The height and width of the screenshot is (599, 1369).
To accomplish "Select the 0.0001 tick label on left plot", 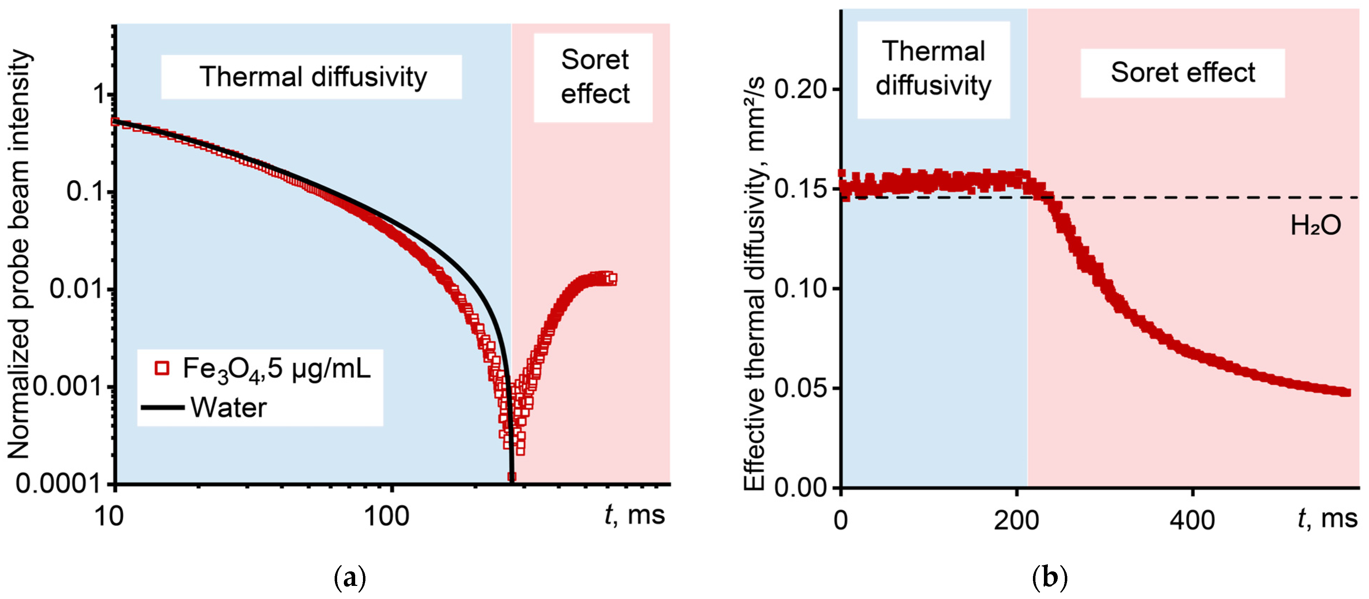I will click(x=58, y=484).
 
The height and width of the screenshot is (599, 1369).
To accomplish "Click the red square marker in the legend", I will click(x=162, y=368).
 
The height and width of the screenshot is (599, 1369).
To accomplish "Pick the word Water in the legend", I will click(x=228, y=408).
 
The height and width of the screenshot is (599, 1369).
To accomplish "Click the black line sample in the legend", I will click(x=162, y=408).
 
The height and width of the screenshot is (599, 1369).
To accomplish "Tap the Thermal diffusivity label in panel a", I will click(x=312, y=77).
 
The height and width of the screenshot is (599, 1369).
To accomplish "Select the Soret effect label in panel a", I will click(x=595, y=77).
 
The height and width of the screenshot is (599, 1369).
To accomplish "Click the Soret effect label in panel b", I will click(x=1182, y=73).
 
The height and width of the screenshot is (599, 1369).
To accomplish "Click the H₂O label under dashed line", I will click(x=1315, y=226).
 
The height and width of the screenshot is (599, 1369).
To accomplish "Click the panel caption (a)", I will click(x=350, y=578).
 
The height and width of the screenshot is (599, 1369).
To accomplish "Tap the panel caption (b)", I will click(x=1050, y=578).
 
